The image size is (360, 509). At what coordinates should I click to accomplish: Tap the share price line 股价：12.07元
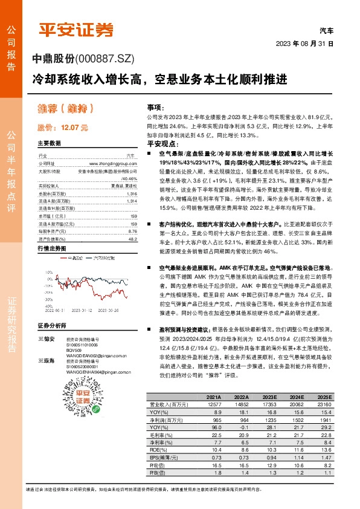click(x=63, y=128)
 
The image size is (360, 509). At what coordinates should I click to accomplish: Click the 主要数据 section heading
click(x=50, y=144)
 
